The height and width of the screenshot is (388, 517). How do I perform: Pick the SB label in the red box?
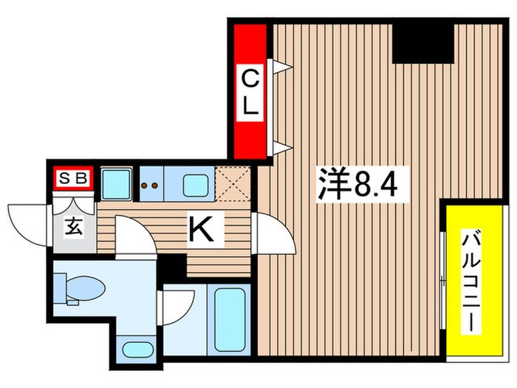click(x=74, y=177)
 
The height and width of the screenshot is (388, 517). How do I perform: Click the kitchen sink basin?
click(x=196, y=185)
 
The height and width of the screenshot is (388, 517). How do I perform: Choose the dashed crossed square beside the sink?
click(x=233, y=186)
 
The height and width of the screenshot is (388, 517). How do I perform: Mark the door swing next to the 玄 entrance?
click(x=134, y=239)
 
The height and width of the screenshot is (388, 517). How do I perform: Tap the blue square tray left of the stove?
click(x=116, y=184)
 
